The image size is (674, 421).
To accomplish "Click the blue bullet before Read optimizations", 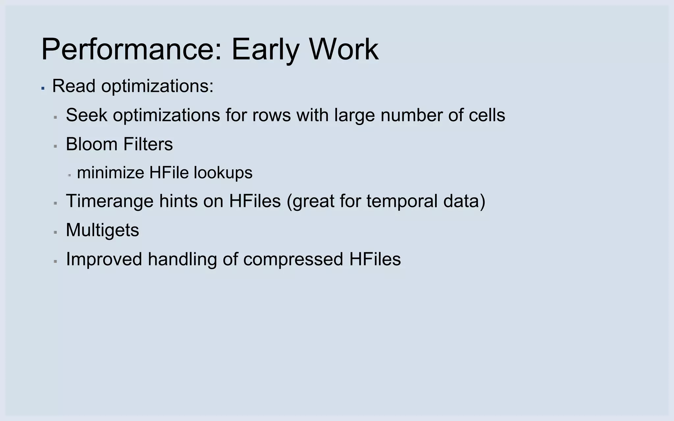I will (x=43, y=88).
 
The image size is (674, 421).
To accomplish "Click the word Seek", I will (x=87, y=115).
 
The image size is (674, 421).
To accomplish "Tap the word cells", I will (x=487, y=115).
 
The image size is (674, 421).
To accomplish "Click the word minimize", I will (x=111, y=173).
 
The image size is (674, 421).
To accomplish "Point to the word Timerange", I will (x=110, y=201).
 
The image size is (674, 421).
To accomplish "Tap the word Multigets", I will (x=102, y=230).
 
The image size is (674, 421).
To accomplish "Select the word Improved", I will (x=104, y=259).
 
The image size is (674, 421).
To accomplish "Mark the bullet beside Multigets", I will (x=55, y=232).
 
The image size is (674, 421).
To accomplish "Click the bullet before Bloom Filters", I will (x=55, y=146).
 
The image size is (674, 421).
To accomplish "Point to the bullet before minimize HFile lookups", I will (x=69, y=175).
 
